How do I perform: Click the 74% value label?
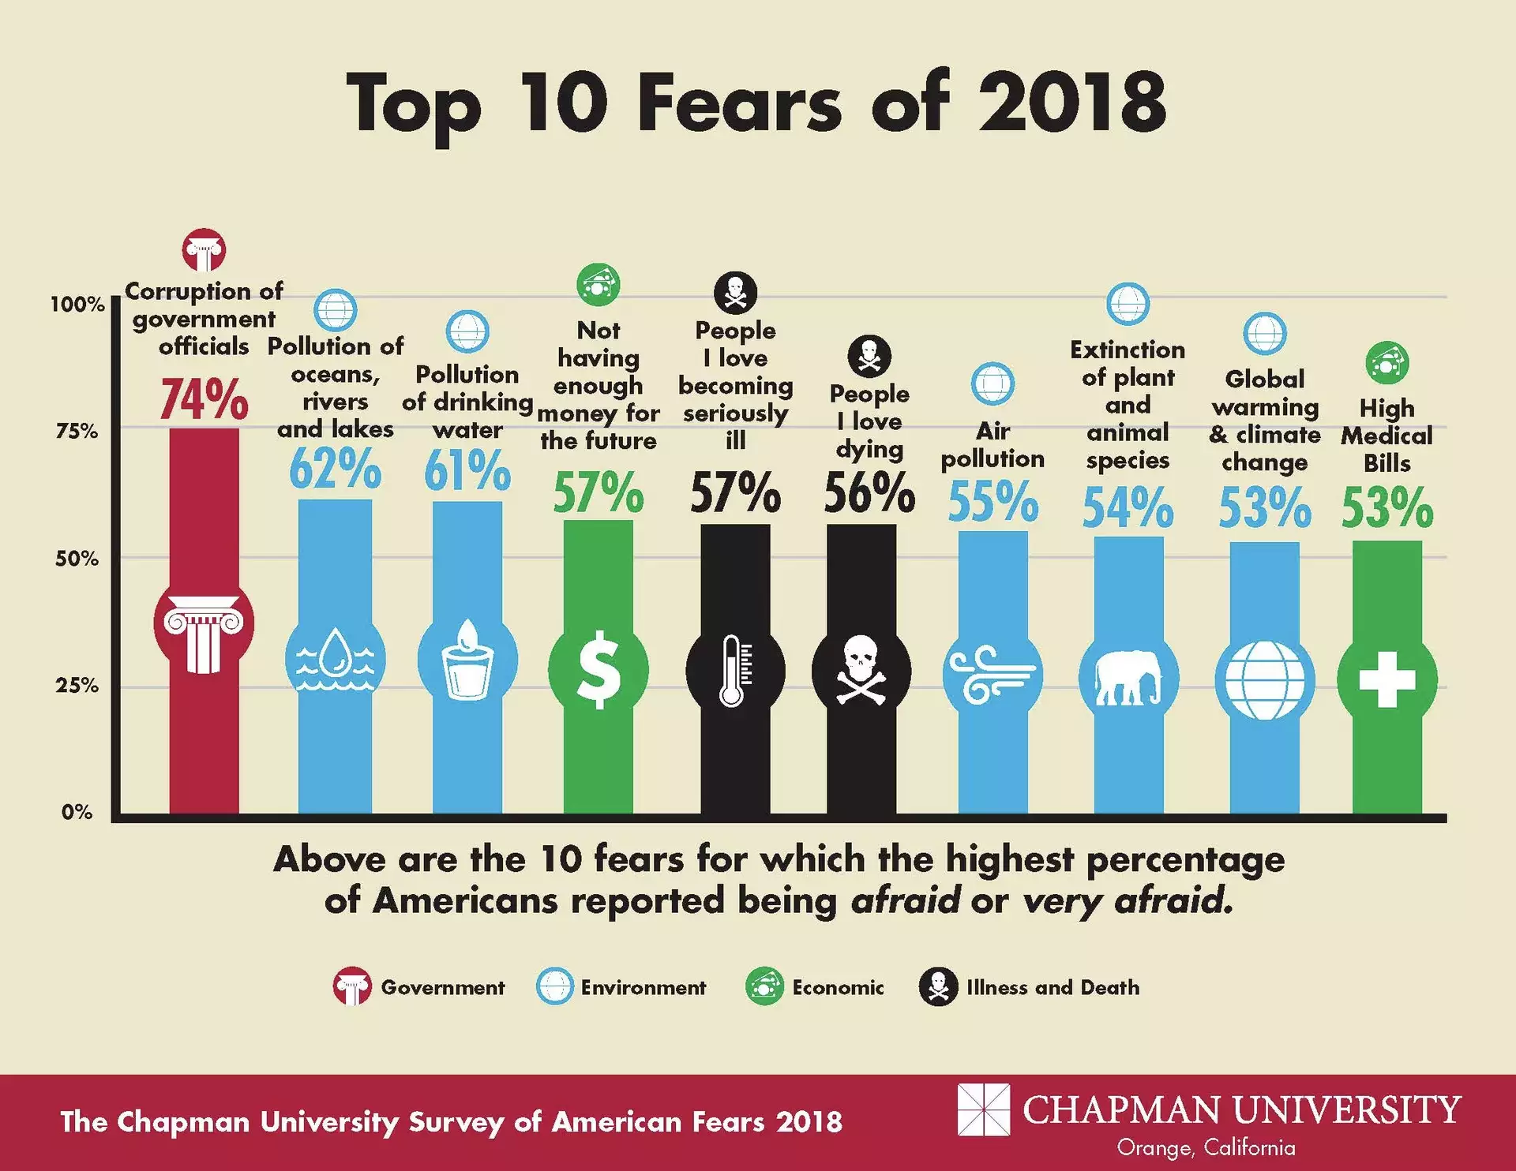[x=204, y=399]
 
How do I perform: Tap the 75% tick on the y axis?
[x=77, y=431]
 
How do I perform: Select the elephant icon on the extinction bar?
[x=1128, y=677]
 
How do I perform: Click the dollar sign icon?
[x=599, y=670]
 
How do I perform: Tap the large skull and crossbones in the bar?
[x=861, y=671]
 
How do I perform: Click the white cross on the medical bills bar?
[x=1387, y=679]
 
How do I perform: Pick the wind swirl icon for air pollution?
[x=993, y=675]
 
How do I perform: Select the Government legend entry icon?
[x=351, y=986]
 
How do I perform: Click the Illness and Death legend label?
[x=1053, y=987]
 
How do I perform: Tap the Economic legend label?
[x=838, y=987]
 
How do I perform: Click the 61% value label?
[x=467, y=470]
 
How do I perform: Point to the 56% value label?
[x=869, y=492]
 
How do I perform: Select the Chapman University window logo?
[x=983, y=1109]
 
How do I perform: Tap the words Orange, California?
[x=1206, y=1147]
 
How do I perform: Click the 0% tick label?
[x=77, y=812]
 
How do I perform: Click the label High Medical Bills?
[x=1387, y=436]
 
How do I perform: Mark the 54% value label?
[x=1128, y=507]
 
